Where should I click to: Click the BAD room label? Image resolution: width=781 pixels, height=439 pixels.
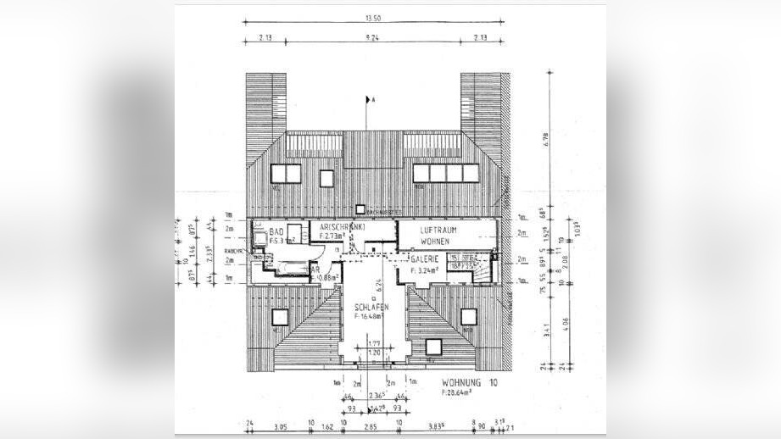276,231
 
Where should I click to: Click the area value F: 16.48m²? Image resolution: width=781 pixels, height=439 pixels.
371,317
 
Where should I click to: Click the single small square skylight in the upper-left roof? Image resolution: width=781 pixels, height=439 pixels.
326,177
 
